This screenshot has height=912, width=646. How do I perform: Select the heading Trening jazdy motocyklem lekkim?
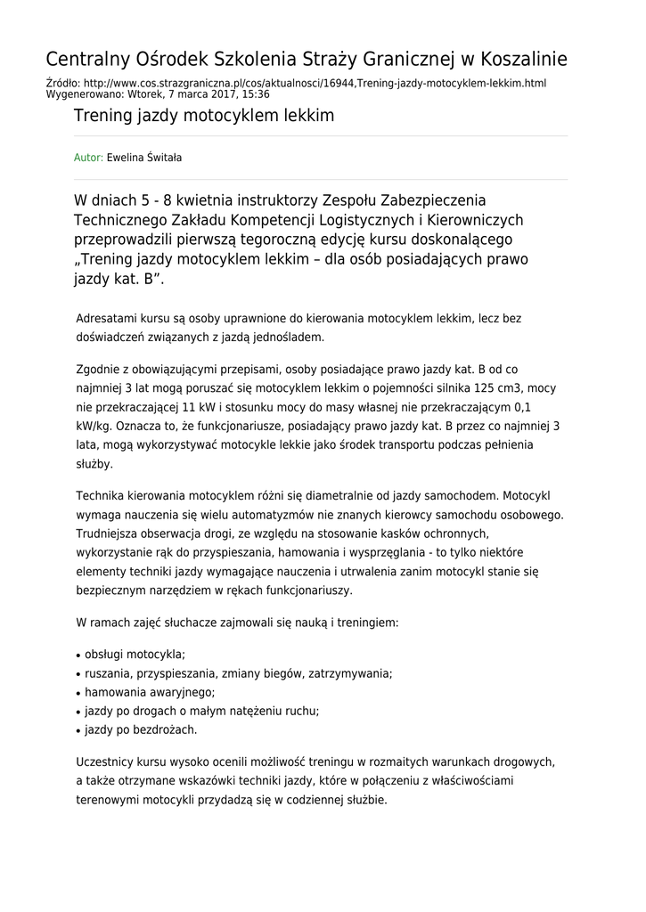pyautogui.click(x=204, y=116)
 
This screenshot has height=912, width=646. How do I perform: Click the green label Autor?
pyautogui.click(x=88, y=158)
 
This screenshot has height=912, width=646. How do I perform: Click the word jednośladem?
pyautogui.click(x=279, y=338)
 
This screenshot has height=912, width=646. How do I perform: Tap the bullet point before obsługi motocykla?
pyautogui.click(x=78, y=655)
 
